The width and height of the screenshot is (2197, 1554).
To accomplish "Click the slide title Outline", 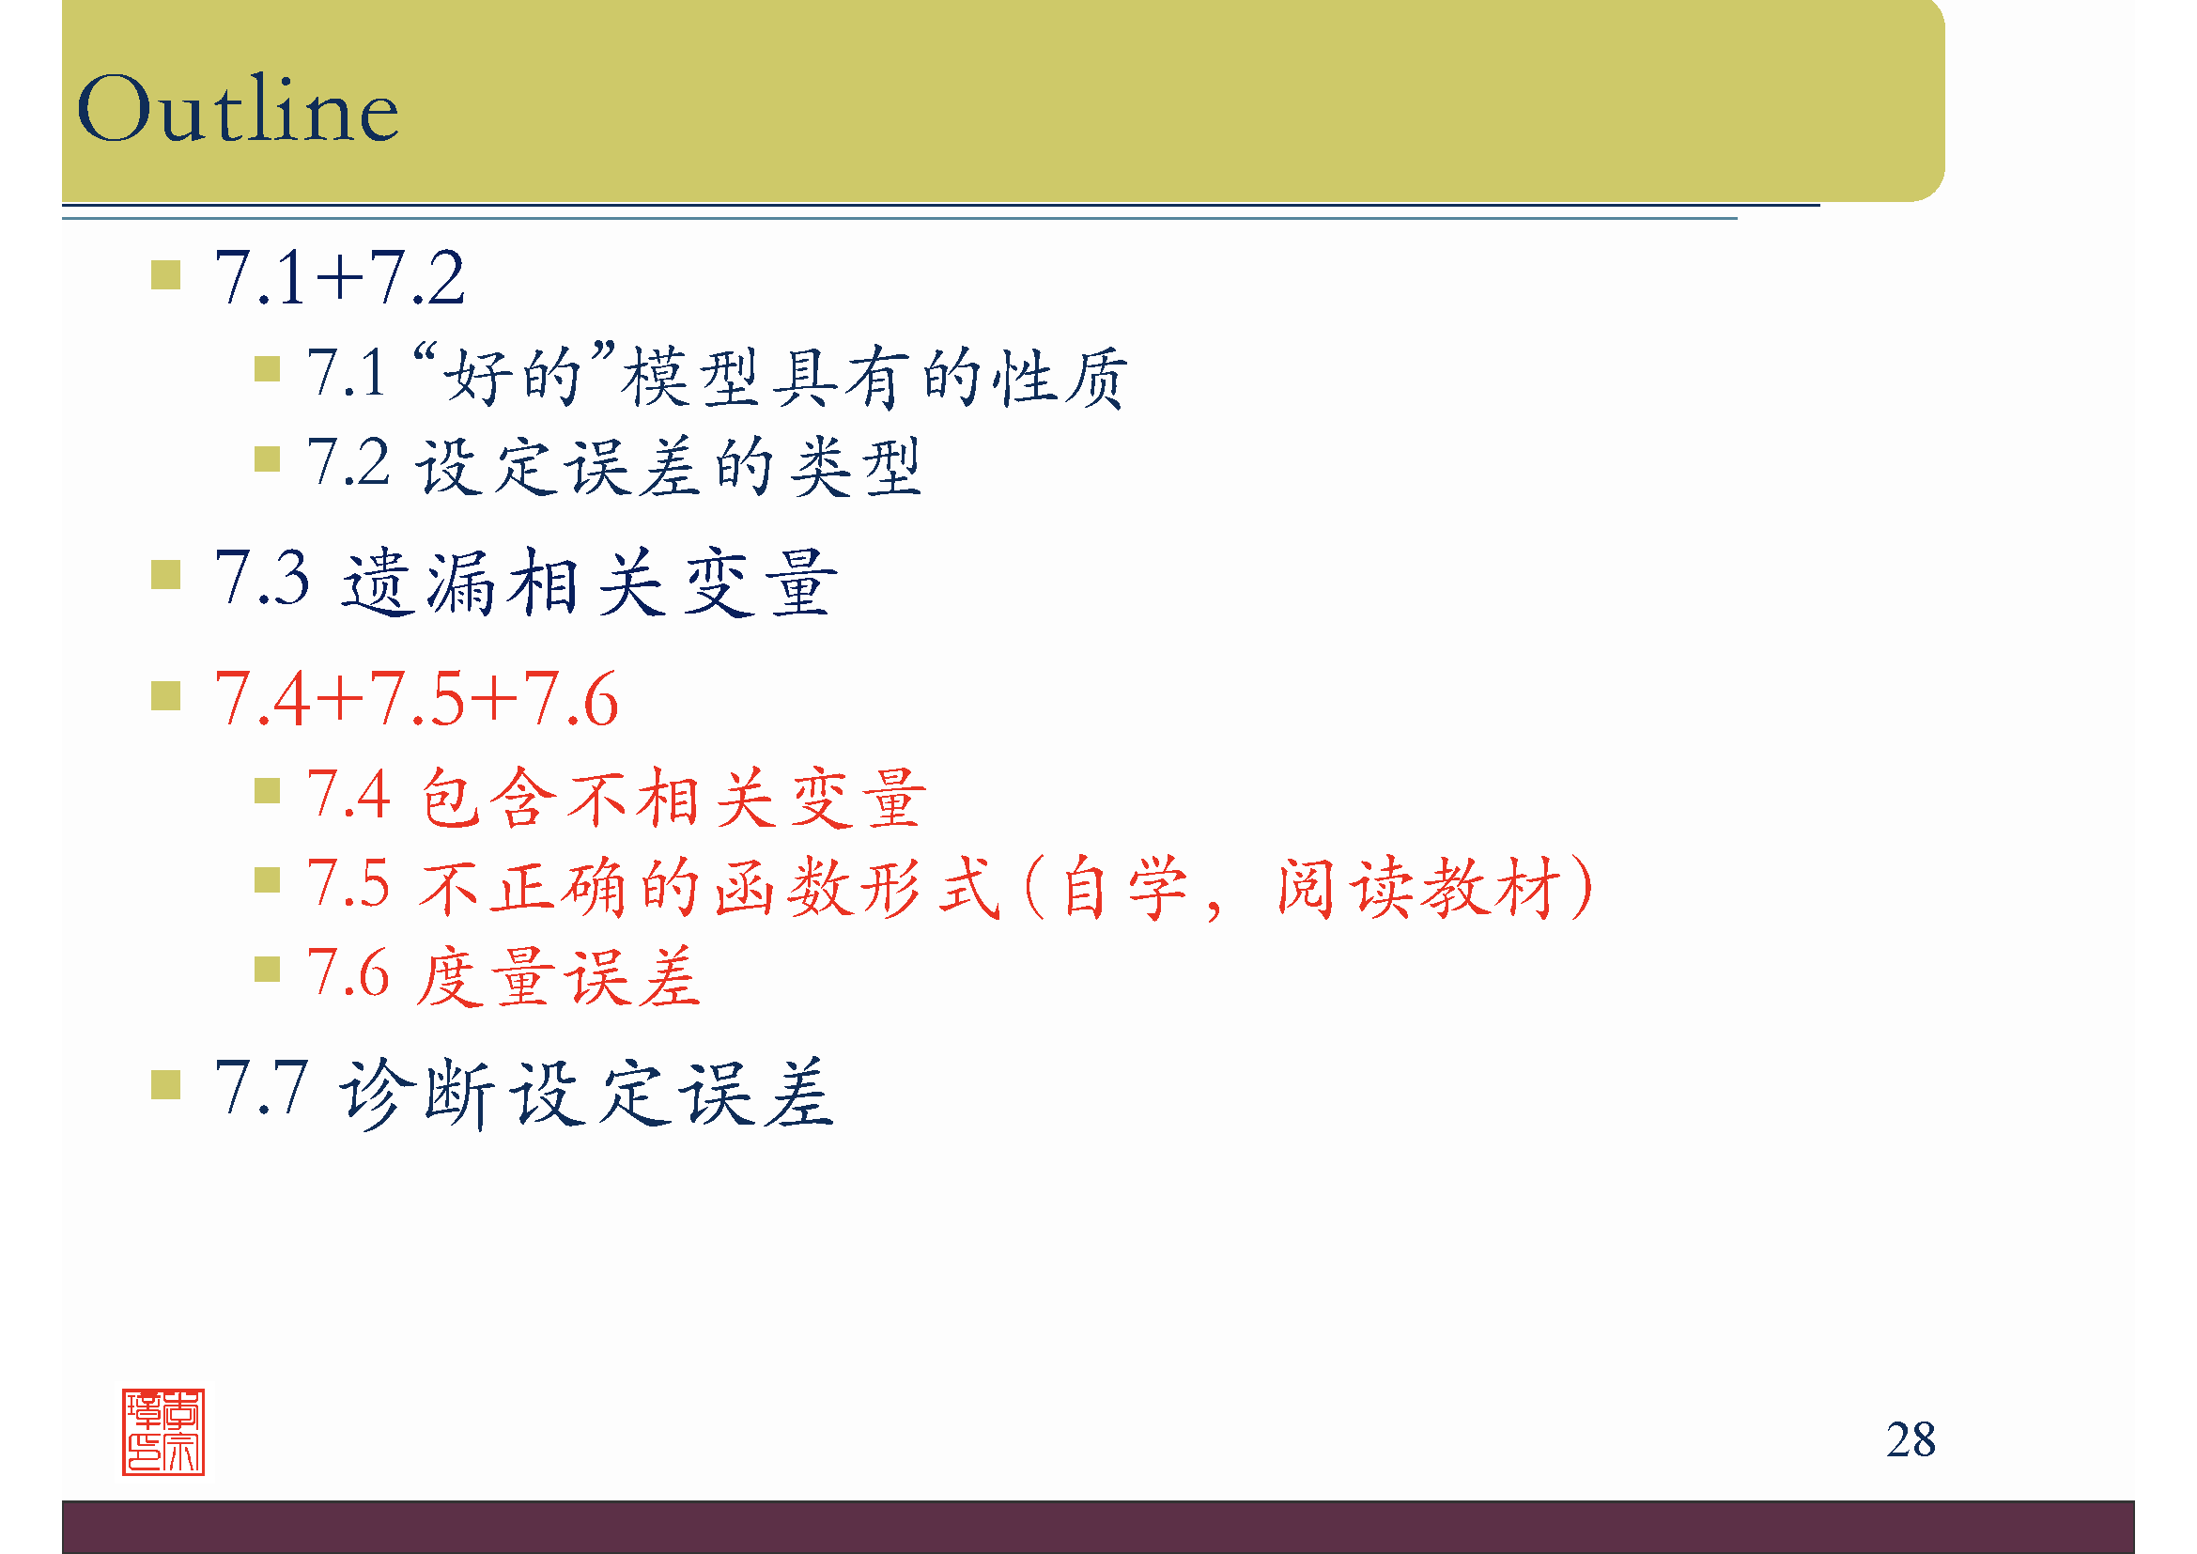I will pos(238,109).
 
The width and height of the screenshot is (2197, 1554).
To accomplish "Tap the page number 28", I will pos(1910,1439).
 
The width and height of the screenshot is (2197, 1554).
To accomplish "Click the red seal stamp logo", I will pos(163,1432).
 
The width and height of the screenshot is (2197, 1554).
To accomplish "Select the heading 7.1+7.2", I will pos(340,278).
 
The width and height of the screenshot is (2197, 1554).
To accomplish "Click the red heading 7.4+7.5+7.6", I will pos(416,700).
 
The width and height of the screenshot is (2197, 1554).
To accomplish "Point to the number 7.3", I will pos(262,578).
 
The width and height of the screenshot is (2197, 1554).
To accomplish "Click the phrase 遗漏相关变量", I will pos(589,582).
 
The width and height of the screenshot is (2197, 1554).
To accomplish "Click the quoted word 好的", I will pos(514,375).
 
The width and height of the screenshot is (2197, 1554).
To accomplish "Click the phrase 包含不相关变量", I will pos(673,797).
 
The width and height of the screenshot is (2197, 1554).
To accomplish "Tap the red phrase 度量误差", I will pos(559,977).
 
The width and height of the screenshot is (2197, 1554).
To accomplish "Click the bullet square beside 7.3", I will pos(165,575).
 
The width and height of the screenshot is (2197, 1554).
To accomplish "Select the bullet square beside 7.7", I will pos(165,1085).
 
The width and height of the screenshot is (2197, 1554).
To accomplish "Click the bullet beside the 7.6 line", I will pos(267,971).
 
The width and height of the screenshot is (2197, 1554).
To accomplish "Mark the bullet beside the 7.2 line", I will pos(267,460).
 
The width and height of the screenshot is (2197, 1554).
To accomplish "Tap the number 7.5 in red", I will pos(348,883).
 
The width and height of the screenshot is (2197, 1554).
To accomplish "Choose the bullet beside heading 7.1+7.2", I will pos(165,275).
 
